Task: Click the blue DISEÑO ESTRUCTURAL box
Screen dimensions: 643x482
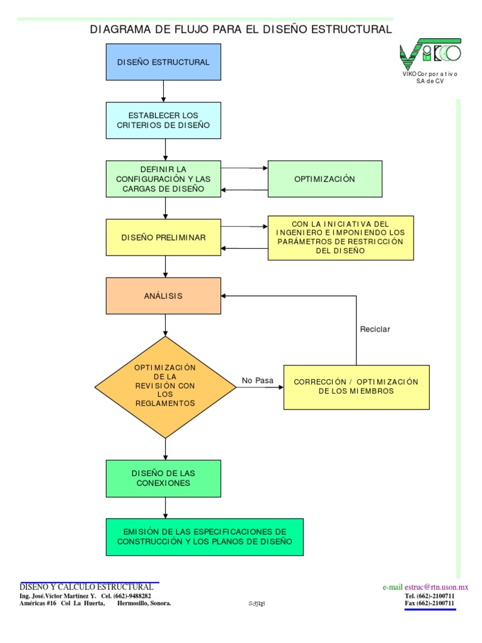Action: [x=163, y=62]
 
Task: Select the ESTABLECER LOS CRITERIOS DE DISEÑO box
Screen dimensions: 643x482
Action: [x=163, y=120]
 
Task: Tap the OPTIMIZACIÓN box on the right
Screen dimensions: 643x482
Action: [x=324, y=179]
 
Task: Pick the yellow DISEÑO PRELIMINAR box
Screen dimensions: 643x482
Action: [x=163, y=237]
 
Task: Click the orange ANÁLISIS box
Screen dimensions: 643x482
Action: [x=163, y=296]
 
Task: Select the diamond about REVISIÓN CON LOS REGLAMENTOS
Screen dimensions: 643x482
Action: [x=165, y=387]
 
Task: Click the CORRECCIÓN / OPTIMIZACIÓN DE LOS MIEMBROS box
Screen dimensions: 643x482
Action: [x=356, y=387]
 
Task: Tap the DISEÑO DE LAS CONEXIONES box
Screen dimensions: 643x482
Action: [x=163, y=478]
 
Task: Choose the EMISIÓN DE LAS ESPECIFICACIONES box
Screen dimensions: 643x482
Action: [x=205, y=537]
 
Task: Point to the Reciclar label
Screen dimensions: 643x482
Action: [x=375, y=330]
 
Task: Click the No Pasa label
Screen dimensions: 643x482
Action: [x=258, y=381]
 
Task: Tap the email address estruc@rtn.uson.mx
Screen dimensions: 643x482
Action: [x=437, y=587]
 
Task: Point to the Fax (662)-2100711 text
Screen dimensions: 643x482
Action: [x=429, y=603]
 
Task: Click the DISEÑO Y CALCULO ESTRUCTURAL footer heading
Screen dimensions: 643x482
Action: [x=87, y=586]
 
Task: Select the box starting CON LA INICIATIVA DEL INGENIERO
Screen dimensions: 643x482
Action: [x=341, y=237]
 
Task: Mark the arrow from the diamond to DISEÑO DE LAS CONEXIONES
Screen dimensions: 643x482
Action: [x=166, y=449]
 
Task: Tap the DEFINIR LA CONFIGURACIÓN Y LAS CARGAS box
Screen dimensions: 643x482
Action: [x=163, y=179]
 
